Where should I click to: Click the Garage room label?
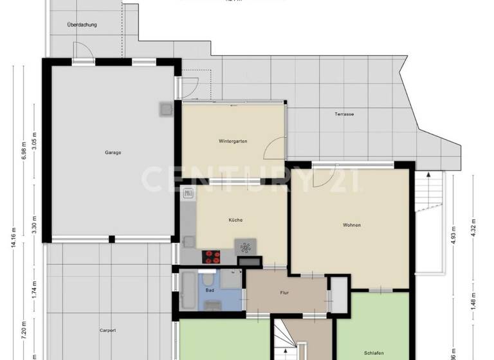[113, 152]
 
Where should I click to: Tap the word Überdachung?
[82, 25]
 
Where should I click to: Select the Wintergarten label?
[233, 141]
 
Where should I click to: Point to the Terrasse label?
[344, 114]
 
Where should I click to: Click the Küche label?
[235, 221]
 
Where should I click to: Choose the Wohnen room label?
[351, 225]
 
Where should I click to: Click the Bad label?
[210, 291]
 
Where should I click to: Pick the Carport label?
[107, 330]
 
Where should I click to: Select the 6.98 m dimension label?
[24, 152]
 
